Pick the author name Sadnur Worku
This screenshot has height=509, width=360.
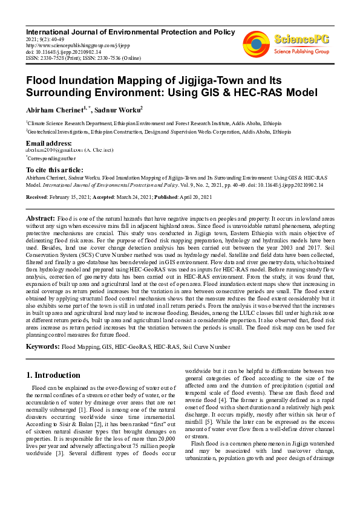123,109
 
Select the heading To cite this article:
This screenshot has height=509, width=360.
55,170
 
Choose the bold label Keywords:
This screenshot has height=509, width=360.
43,347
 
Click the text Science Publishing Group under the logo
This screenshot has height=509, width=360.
301,52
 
